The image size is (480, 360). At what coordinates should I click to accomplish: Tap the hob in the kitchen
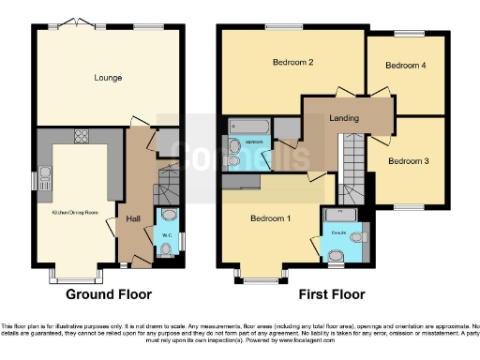80,136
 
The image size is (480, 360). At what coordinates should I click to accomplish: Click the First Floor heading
333,294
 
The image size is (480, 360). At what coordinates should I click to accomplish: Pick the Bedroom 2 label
292,63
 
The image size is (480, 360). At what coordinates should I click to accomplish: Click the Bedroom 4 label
406,66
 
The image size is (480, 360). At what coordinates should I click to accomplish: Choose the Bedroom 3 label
408,161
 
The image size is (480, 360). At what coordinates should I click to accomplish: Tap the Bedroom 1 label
271,218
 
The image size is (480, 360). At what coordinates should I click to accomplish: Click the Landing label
348,117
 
